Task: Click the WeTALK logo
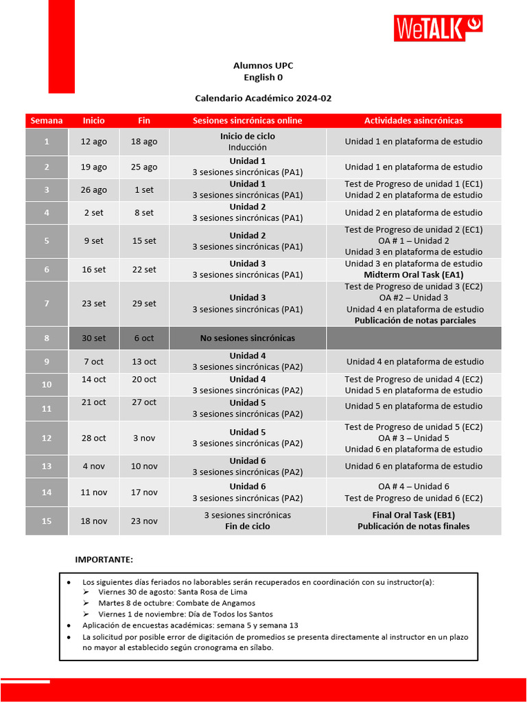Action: point(438,28)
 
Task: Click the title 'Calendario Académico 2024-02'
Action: point(263,98)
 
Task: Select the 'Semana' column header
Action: point(47,120)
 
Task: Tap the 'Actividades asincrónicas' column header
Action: point(413,120)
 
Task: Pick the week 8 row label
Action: point(47,338)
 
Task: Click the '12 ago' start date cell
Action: point(94,141)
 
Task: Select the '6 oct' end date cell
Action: point(144,338)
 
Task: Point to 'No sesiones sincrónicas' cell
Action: point(247,338)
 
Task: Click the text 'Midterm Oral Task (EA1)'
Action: point(413,275)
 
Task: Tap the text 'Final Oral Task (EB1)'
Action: point(413,515)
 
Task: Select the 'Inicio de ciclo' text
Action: point(247,136)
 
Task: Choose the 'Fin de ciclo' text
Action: point(247,527)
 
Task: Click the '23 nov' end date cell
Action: point(144,521)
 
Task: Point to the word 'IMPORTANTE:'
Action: point(104,560)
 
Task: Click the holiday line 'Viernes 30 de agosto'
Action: point(172,592)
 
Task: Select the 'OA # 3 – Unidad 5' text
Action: point(413,438)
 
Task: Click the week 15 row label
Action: point(47,521)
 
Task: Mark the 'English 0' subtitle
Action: point(263,77)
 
